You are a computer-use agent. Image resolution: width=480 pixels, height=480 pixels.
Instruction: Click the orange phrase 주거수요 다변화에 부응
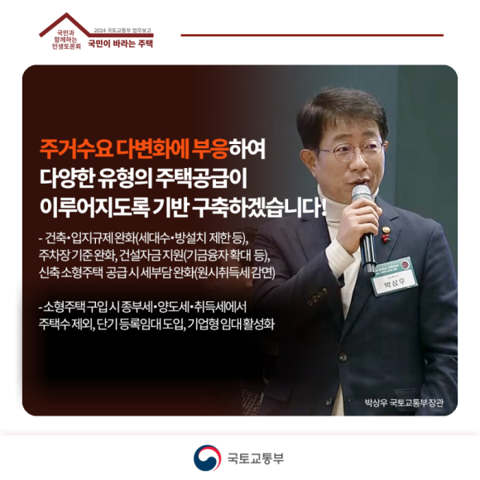(x=134, y=149)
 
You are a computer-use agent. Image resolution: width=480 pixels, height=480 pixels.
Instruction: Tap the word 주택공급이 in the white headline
(x=201, y=178)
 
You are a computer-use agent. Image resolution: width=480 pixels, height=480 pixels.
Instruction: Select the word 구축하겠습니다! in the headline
(x=259, y=208)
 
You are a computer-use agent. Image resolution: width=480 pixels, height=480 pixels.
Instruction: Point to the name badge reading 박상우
(x=394, y=276)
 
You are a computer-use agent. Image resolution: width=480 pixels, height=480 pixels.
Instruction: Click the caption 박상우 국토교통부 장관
(x=404, y=402)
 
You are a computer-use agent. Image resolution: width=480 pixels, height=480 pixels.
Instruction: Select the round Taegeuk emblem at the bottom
(x=207, y=458)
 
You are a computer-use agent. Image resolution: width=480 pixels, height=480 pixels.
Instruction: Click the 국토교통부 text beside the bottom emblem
(x=256, y=458)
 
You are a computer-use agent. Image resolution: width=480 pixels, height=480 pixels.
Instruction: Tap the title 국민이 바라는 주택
(x=120, y=44)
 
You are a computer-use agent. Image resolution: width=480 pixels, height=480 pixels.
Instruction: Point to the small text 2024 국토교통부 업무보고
(x=122, y=31)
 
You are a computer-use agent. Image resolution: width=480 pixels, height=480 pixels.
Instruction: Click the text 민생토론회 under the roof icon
(x=66, y=46)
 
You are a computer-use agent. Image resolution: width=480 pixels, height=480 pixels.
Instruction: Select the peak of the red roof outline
(x=66, y=13)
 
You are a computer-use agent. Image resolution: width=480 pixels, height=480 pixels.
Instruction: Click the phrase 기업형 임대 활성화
(x=231, y=324)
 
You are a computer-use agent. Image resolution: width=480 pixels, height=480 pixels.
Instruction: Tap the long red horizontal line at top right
(x=312, y=36)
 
